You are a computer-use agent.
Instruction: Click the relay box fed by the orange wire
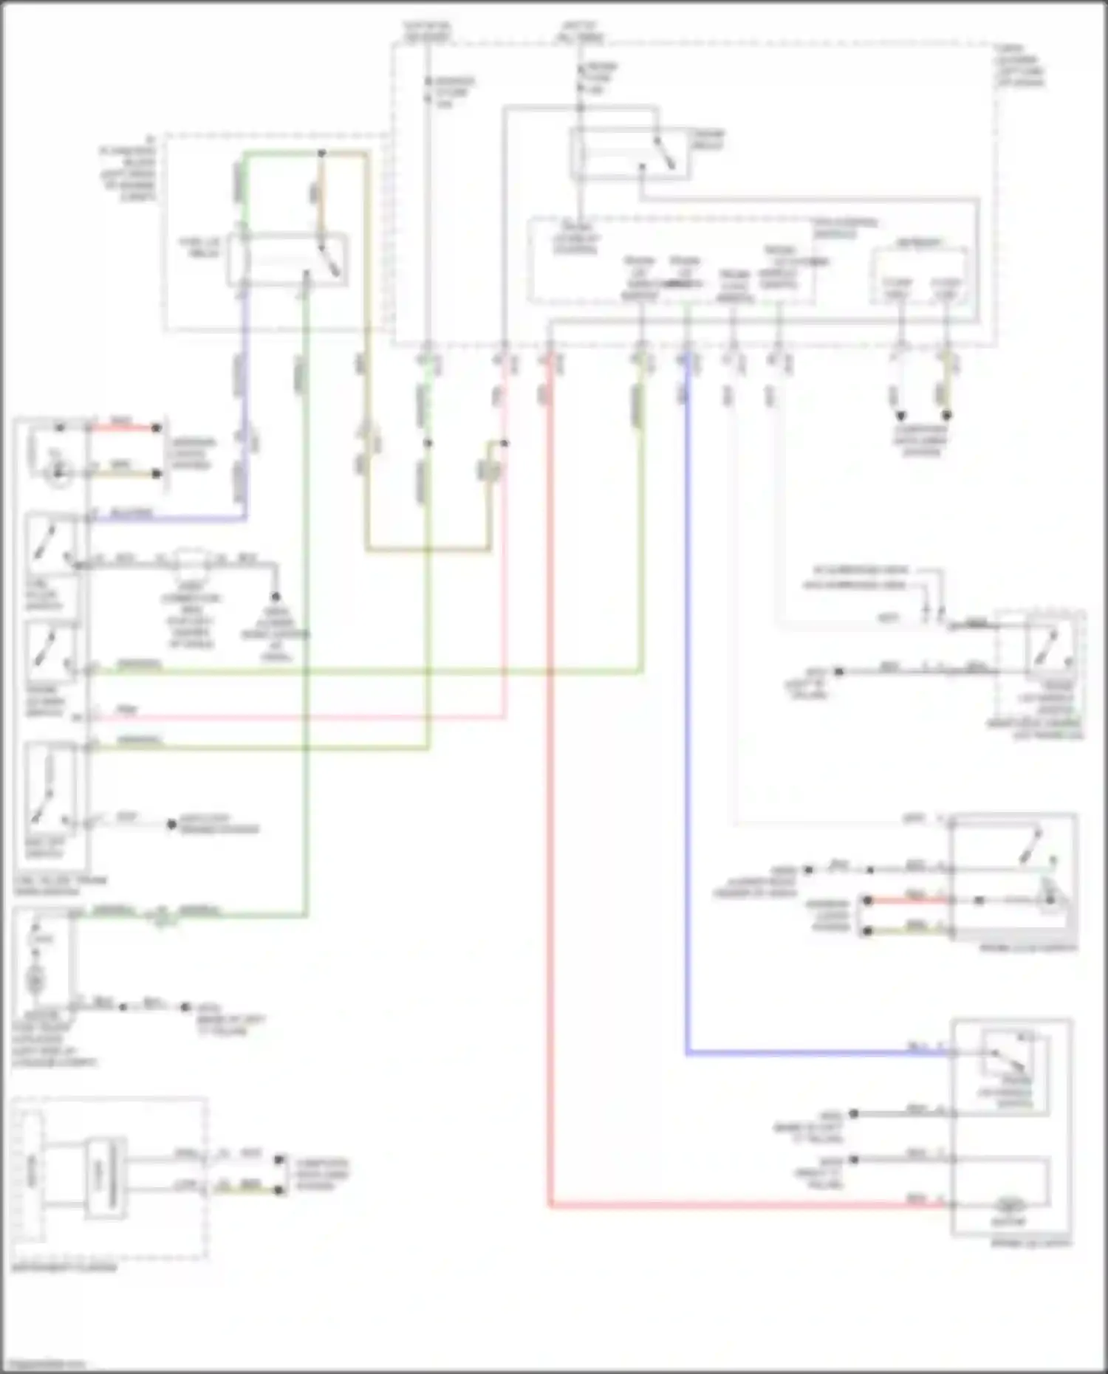click(x=287, y=259)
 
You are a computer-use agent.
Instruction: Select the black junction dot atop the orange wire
click(x=321, y=154)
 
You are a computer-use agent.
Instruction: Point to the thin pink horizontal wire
click(x=295, y=716)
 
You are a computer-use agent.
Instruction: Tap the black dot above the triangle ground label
click(x=276, y=597)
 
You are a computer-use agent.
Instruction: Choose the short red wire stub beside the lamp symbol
click(x=122, y=427)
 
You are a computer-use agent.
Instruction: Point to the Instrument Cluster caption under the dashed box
click(x=64, y=1268)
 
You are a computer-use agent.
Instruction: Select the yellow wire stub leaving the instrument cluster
click(x=251, y=1190)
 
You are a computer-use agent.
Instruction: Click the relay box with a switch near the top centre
click(x=629, y=154)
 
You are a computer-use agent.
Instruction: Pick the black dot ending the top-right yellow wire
click(x=946, y=416)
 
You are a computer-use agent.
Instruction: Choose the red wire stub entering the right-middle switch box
click(x=909, y=901)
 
